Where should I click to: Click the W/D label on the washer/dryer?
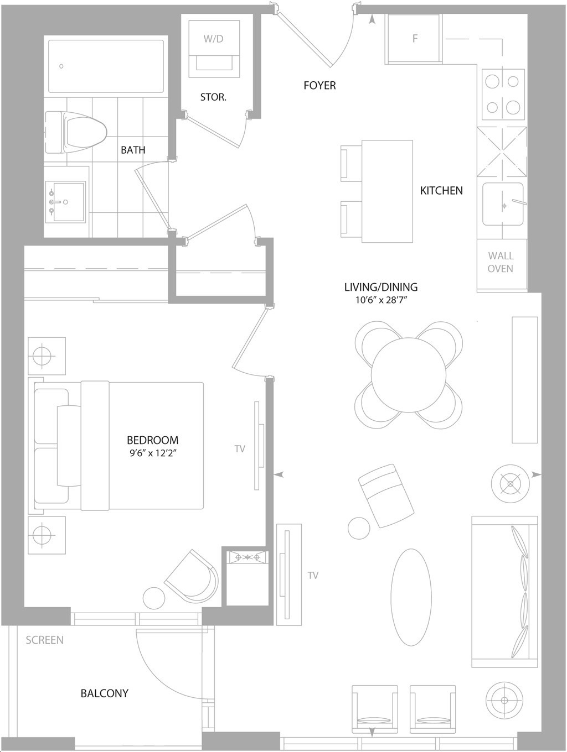[x=213, y=39]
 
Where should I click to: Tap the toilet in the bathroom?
[x=76, y=132]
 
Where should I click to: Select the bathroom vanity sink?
[x=65, y=202]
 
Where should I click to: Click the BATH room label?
[x=133, y=150]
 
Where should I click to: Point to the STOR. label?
[x=213, y=97]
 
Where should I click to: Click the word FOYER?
[x=319, y=85]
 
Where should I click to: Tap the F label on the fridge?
[x=415, y=38]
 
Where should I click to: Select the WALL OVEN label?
[x=501, y=262]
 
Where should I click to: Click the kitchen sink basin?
[x=503, y=205]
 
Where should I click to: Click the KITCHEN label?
[x=441, y=190]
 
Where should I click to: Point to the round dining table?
[x=408, y=375]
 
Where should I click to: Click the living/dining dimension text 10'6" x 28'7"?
[x=381, y=300]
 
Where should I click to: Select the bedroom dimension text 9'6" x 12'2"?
[x=153, y=453]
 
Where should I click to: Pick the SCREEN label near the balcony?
[x=45, y=640]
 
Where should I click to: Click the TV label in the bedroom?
[x=240, y=449]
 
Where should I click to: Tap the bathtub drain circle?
[x=61, y=66]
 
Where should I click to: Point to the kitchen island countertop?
[x=387, y=191]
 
